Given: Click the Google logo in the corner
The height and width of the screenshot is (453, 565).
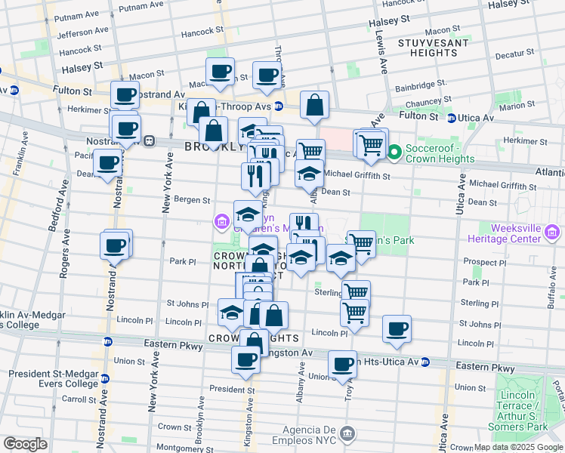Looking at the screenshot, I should click(x=25, y=443).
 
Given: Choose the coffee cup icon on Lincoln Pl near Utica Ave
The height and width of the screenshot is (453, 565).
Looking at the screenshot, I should click(x=397, y=328).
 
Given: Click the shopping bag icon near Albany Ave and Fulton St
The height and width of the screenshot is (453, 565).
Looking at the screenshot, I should click(x=314, y=105).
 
